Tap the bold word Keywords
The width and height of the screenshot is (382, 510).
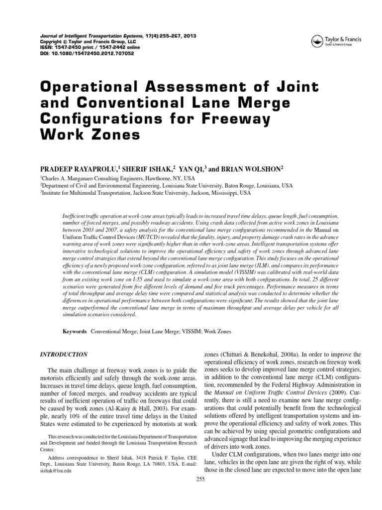[x=75, y=331]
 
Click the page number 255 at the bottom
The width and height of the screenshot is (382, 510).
[x=201, y=479]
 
